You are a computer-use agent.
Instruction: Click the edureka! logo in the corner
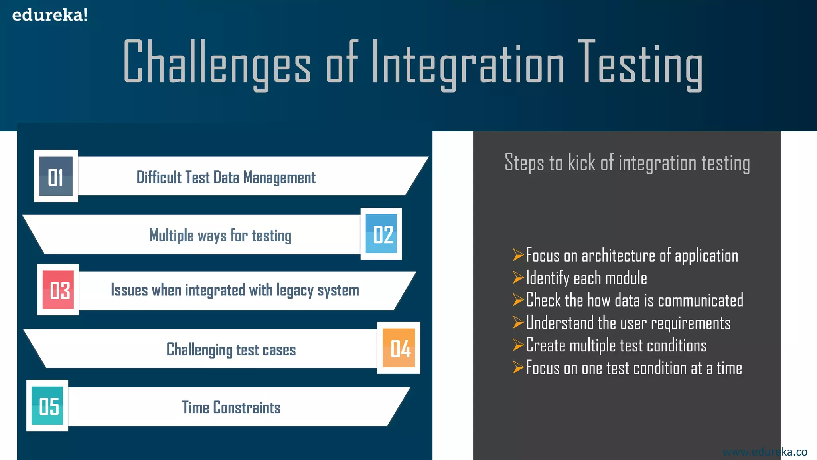tap(49, 15)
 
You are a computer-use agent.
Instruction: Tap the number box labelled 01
tap(56, 176)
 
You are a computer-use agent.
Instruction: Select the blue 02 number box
tap(381, 234)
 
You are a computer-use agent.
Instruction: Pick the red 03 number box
tap(58, 290)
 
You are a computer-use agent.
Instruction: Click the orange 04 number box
tap(399, 348)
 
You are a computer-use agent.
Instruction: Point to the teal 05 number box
tap(47, 406)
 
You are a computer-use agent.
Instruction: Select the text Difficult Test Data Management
tap(226, 177)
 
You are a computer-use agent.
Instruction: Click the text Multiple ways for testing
tap(220, 235)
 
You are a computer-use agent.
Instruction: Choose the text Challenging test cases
tap(231, 350)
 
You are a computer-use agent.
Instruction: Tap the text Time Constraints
tap(231, 407)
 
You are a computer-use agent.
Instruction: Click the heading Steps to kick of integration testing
tap(627, 163)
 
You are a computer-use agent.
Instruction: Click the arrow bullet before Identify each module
tap(518, 277)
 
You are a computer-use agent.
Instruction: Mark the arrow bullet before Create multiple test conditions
tap(518, 345)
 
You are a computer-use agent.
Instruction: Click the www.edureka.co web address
tap(765, 452)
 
